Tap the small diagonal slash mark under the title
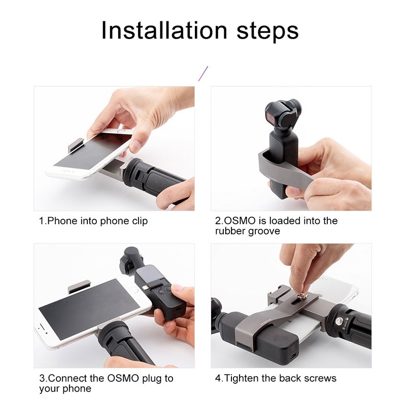pos(204,74)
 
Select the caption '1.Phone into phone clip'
pos(93,221)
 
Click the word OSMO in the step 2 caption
pos(239,221)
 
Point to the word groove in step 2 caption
pos(264,231)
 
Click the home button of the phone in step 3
pos(134,290)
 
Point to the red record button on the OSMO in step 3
pos(160,292)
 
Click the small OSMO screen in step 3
pos(146,274)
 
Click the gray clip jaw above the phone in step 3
pos(79,286)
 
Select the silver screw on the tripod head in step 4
pos(338,321)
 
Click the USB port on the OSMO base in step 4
pos(291,354)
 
